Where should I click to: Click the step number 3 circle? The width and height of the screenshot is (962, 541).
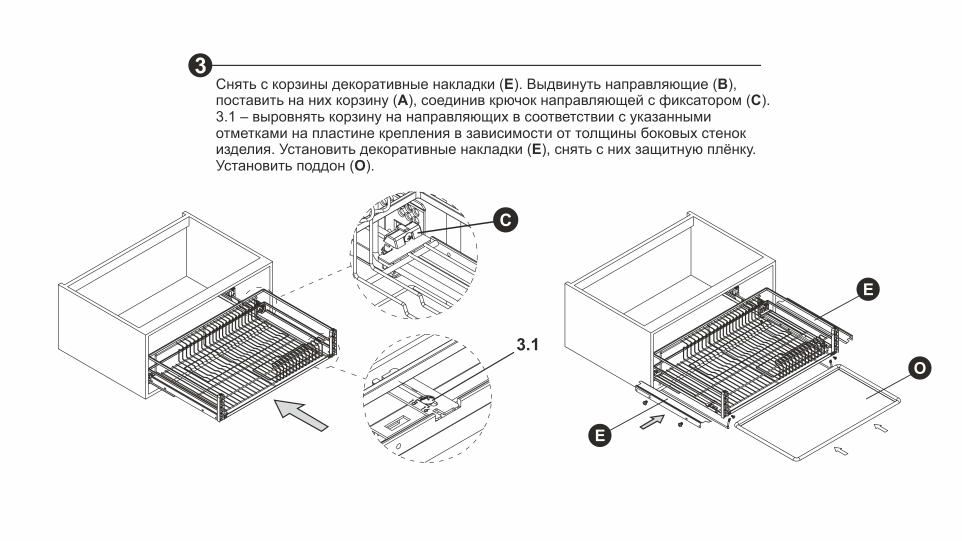200,66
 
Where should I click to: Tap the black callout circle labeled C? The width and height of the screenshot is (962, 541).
505,220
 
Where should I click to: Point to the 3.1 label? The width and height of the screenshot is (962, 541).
527,345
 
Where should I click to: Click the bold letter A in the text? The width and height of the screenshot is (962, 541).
402,100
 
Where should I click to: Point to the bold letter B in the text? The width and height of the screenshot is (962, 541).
722,83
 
